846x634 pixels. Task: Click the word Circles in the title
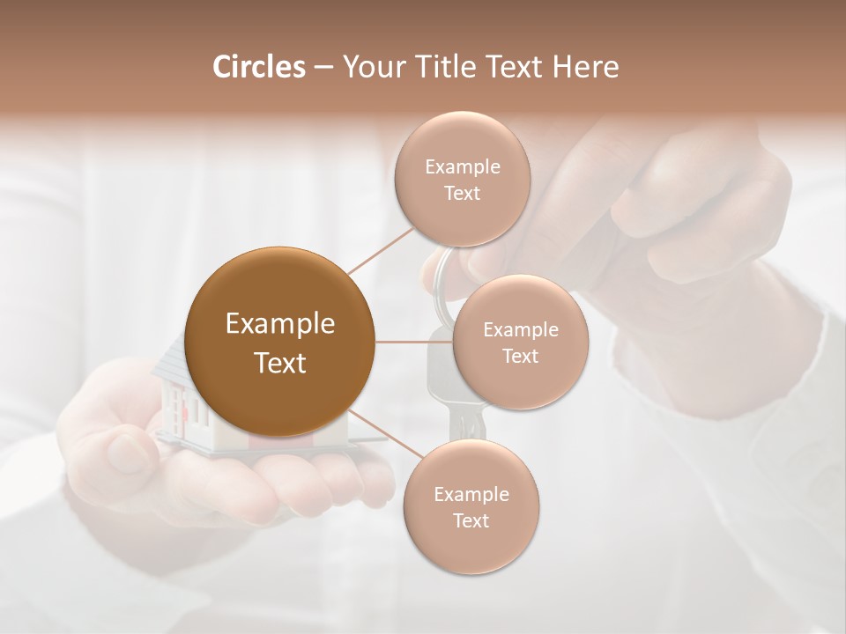tap(258, 67)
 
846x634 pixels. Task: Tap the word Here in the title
tap(586, 67)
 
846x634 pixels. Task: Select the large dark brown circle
tap(279, 342)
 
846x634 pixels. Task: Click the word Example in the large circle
tap(279, 324)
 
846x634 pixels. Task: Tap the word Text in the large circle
tap(279, 363)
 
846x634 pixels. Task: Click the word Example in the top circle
tap(462, 167)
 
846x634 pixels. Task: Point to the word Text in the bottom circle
tap(471, 521)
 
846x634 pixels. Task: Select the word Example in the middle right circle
tap(520, 330)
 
